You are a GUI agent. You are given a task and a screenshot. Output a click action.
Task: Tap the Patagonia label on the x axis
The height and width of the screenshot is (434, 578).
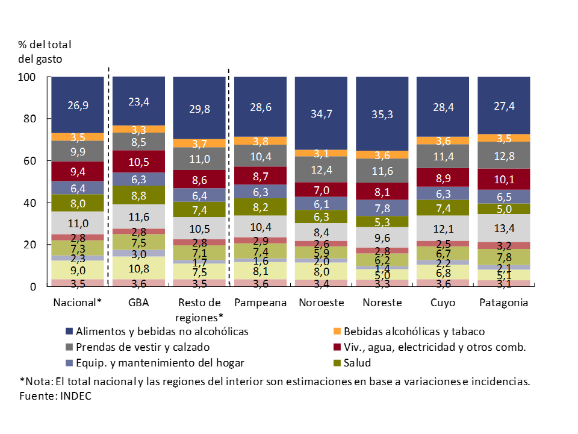pyautogui.click(x=503, y=303)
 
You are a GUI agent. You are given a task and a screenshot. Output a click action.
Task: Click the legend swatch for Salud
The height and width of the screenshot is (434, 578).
pyautogui.click(x=338, y=363)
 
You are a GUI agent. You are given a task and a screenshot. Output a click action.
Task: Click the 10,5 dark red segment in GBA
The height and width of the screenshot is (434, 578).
pyautogui.click(x=138, y=162)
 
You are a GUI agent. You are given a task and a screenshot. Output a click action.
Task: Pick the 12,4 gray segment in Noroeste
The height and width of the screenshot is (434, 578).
pyautogui.click(x=321, y=169)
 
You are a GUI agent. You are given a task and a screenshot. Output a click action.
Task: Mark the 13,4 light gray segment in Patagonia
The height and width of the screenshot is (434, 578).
pyautogui.click(x=503, y=227)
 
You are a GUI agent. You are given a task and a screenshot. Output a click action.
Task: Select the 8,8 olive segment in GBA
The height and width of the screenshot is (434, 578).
pyautogui.click(x=138, y=195)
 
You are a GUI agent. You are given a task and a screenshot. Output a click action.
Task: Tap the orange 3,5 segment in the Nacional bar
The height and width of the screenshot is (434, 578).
pyautogui.click(x=78, y=137)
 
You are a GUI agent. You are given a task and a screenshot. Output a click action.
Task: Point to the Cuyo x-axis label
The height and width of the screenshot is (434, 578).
pyautogui.click(x=442, y=303)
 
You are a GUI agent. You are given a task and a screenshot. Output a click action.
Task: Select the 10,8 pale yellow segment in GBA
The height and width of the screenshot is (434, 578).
pyautogui.click(x=138, y=268)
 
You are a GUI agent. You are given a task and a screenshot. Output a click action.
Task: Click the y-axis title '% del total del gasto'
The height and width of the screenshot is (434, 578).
pyautogui.click(x=45, y=52)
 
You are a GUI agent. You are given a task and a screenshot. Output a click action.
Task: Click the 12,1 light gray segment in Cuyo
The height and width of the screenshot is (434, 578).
pyautogui.click(x=442, y=228)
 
